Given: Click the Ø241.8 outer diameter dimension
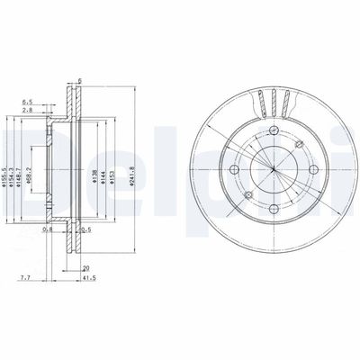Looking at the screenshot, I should click(x=133, y=167).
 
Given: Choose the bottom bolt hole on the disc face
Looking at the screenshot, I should click(x=273, y=209).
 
